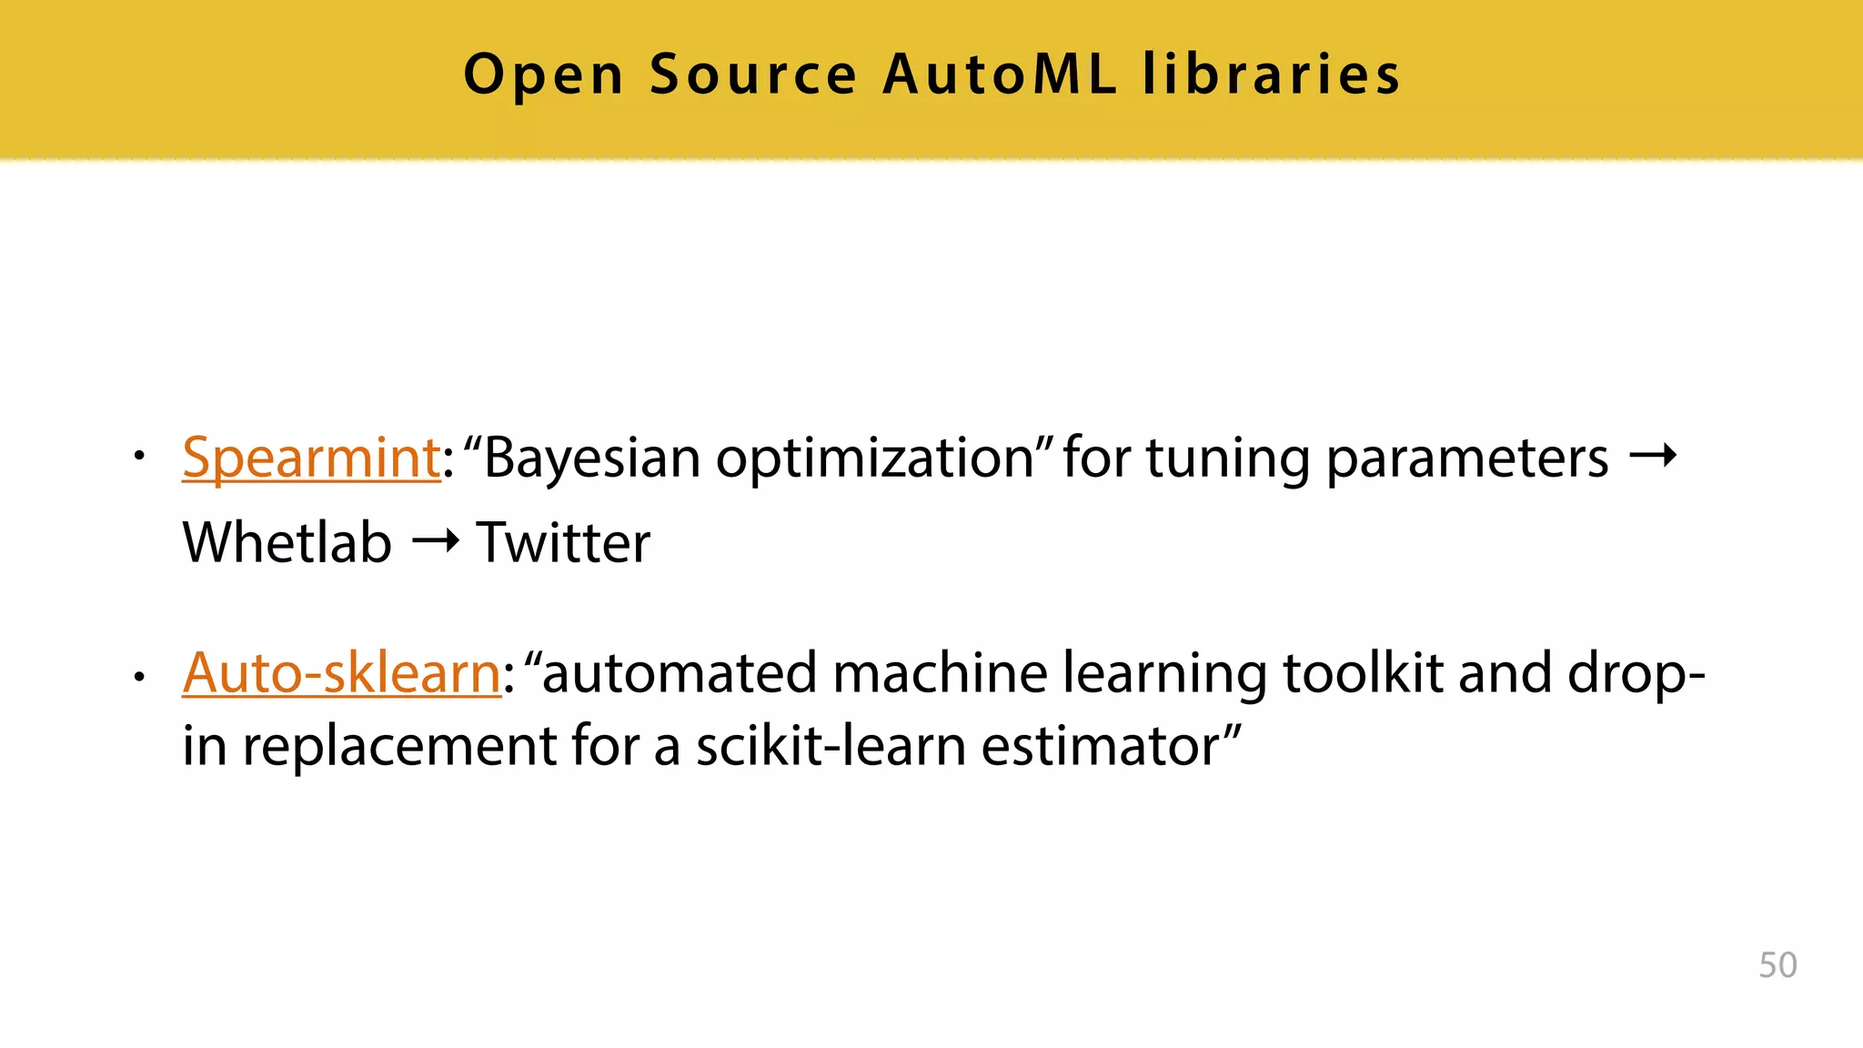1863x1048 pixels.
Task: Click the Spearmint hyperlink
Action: (x=311, y=458)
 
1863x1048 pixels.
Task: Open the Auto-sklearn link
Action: (x=341, y=673)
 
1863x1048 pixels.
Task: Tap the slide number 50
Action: (x=1777, y=965)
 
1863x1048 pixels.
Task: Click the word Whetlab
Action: (x=287, y=543)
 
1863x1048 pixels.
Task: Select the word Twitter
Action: (x=563, y=543)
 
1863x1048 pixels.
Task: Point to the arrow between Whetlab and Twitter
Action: (x=435, y=542)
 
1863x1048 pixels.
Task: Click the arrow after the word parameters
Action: (x=1652, y=455)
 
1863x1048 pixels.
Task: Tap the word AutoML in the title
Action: (x=1000, y=74)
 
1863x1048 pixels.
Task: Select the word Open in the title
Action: (x=543, y=76)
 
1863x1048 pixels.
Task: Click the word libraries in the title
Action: (x=1271, y=74)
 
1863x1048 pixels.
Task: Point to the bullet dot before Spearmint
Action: (x=138, y=455)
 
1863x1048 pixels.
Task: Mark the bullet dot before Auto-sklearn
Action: (x=138, y=677)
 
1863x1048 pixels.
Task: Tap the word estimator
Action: (x=1100, y=746)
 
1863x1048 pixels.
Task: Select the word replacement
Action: (x=398, y=748)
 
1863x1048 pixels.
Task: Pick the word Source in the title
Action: (x=753, y=74)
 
